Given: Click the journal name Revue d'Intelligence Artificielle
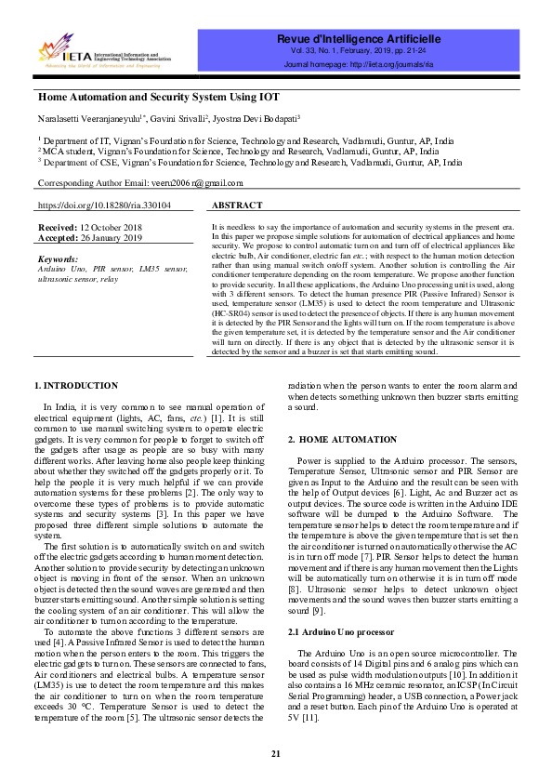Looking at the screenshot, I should point(358,39).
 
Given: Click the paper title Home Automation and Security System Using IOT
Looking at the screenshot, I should point(158,97).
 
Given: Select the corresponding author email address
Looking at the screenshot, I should point(198,184).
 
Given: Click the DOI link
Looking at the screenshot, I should point(104,205).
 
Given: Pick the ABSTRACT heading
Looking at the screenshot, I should point(237,205).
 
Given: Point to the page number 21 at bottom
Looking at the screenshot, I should point(275,753).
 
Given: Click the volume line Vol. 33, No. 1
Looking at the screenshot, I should point(358,53).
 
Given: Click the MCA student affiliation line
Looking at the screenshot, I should point(239,151).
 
